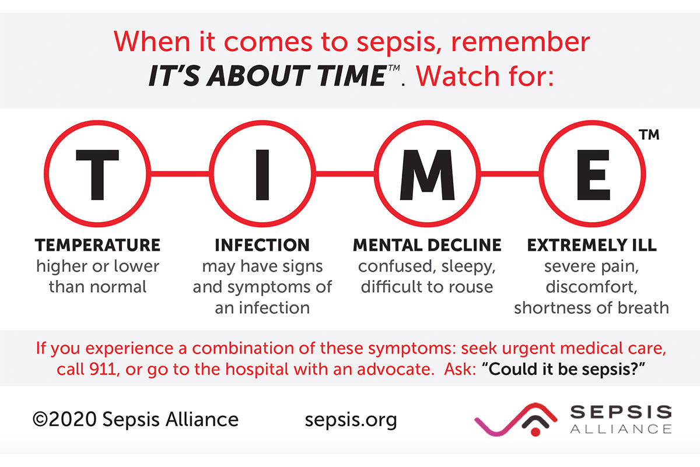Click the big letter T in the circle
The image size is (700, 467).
(97, 174)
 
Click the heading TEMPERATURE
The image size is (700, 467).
(97, 245)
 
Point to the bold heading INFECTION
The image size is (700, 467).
(262, 245)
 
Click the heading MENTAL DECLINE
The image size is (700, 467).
(427, 245)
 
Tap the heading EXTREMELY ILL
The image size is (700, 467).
(591, 245)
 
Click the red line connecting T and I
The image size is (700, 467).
(180, 173)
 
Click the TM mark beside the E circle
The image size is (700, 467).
(649, 135)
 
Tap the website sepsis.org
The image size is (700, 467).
(351, 419)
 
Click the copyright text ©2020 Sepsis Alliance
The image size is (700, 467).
(136, 419)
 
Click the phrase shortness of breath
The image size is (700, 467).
(591, 307)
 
